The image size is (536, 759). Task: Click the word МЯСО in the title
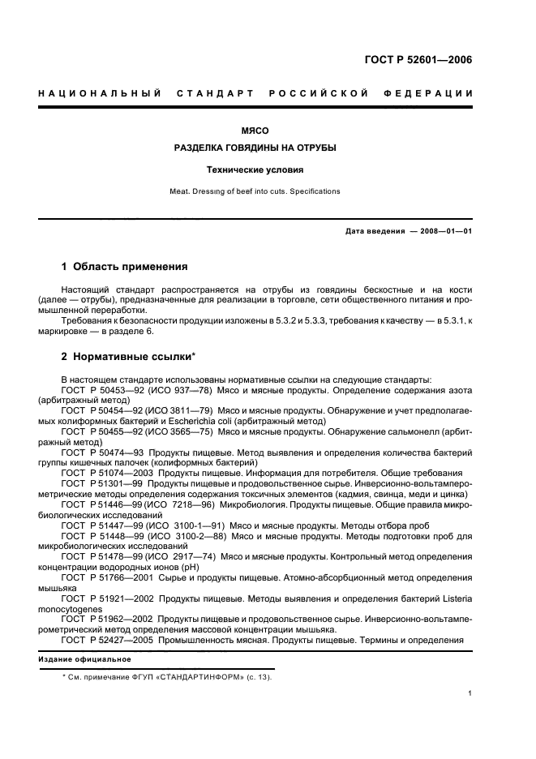pyautogui.click(x=255, y=130)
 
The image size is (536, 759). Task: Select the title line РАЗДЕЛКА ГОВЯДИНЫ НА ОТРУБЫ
pyautogui.click(x=255, y=149)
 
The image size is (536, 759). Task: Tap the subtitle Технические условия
pyautogui.click(x=255, y=170)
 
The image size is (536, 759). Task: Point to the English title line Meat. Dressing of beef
pyautogui.click(x=255, y=191)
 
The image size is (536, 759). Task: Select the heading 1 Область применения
pyautogui.click(x=125, y=266)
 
